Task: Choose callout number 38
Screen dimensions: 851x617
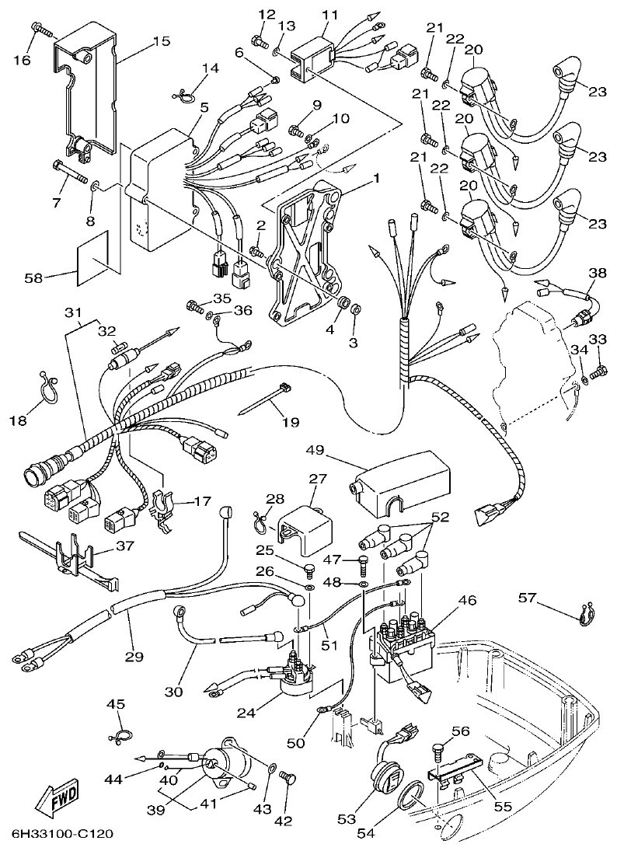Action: point(596,273)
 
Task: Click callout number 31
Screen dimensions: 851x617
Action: point(72,312)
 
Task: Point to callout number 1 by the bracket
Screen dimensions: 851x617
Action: point(376,178)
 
